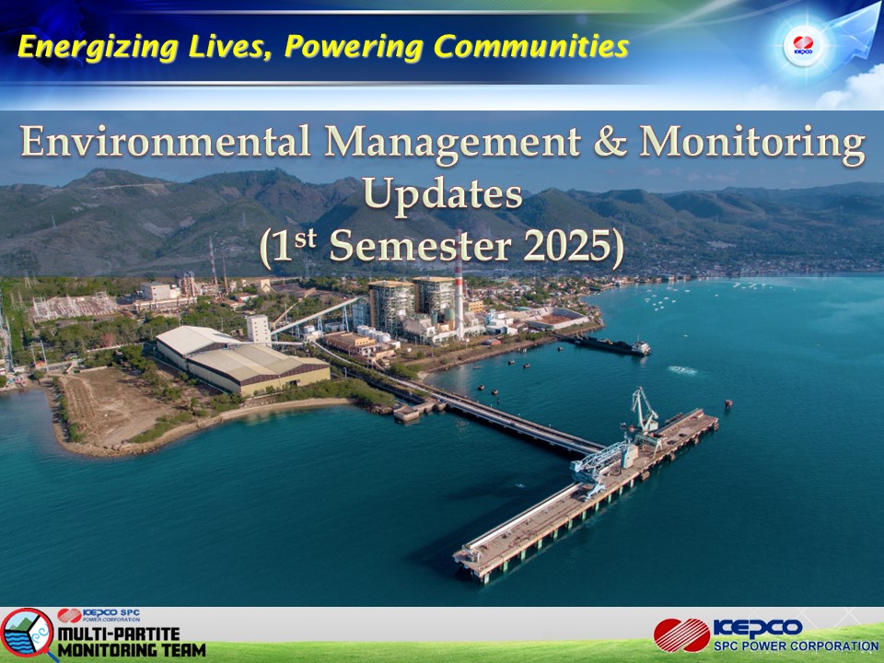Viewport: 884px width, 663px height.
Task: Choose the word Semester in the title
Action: point(420,247)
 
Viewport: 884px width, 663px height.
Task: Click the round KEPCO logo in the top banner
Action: point(803,45)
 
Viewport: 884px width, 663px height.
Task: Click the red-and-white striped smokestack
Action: point(459,287)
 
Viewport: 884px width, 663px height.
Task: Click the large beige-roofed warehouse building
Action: point(242,361)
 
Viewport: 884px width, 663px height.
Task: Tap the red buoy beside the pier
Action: point(727,403)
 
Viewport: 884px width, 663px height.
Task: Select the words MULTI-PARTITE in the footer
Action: point(119,634)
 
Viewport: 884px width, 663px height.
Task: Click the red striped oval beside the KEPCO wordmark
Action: point(682,634)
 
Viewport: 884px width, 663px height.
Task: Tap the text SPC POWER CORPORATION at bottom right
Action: point(796,646)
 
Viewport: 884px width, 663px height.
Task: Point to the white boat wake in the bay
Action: point(682,370)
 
